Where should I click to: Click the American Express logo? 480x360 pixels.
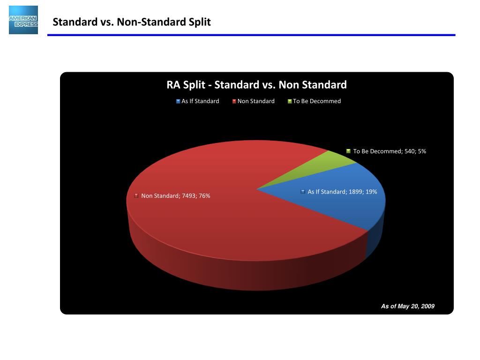click(23, 20)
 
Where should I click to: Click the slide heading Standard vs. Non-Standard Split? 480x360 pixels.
click(131, 22)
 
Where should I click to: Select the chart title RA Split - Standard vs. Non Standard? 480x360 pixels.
click(256, 85)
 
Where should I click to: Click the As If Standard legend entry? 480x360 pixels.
click(200, 101)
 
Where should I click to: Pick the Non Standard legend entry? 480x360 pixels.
click(256, 101)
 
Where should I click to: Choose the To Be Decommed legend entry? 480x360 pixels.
click(317, 101)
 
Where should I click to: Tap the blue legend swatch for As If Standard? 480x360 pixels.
click(179, 101)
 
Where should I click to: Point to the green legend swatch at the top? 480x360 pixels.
click(290, 101)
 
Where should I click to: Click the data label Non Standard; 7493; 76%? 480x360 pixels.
click(175, 196)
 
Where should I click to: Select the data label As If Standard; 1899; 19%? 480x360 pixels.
click(342, 192)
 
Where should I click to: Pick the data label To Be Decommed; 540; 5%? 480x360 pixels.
click(390, 151)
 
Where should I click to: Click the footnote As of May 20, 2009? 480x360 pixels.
click(407, 306)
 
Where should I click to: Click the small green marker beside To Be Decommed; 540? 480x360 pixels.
click(348, 151)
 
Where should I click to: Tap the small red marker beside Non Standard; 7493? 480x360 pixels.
click(136, 195)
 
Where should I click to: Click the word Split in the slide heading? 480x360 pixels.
click(200, 22)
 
